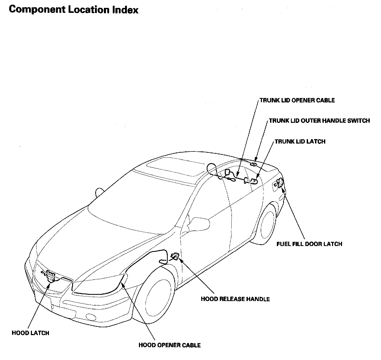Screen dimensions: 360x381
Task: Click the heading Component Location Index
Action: tap(74, 10)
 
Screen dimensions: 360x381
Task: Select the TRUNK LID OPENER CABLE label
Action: tap(297, 100)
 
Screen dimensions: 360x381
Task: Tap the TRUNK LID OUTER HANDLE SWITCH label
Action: tap(319, 121)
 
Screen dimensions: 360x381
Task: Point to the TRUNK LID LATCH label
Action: tap(300, 142)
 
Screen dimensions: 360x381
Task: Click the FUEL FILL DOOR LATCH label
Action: tap(309, 244)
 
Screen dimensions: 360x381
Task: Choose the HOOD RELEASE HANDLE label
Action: tap(235, 299)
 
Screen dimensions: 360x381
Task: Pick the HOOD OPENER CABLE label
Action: tap(170, 345)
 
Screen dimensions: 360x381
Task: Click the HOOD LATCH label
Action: tap(30, 333)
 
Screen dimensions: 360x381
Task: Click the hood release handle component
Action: tap(175, 256)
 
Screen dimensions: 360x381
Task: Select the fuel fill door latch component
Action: tap(279, 182)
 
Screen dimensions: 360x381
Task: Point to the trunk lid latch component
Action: tap(254, 181)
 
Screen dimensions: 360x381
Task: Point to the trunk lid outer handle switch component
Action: tap(253, 165)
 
